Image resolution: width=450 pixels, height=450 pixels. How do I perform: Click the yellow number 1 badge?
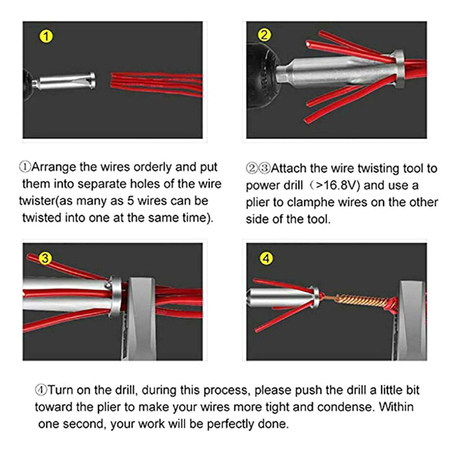[46, 37]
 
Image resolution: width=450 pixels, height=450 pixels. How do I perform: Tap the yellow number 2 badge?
[264, 35]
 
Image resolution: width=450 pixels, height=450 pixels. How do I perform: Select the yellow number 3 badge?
[45, 258]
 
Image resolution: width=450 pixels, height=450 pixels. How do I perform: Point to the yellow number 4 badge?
[266, 258]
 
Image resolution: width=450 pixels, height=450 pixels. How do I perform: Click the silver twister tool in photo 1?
[65, 80]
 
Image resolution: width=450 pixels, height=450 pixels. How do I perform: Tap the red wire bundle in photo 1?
[157, 84]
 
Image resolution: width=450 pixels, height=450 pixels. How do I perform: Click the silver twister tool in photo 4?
[283, 298]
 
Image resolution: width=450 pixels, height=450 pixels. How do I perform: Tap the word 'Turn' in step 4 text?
[59, 390]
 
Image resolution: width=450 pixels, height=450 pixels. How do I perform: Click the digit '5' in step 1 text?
[130, 201]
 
